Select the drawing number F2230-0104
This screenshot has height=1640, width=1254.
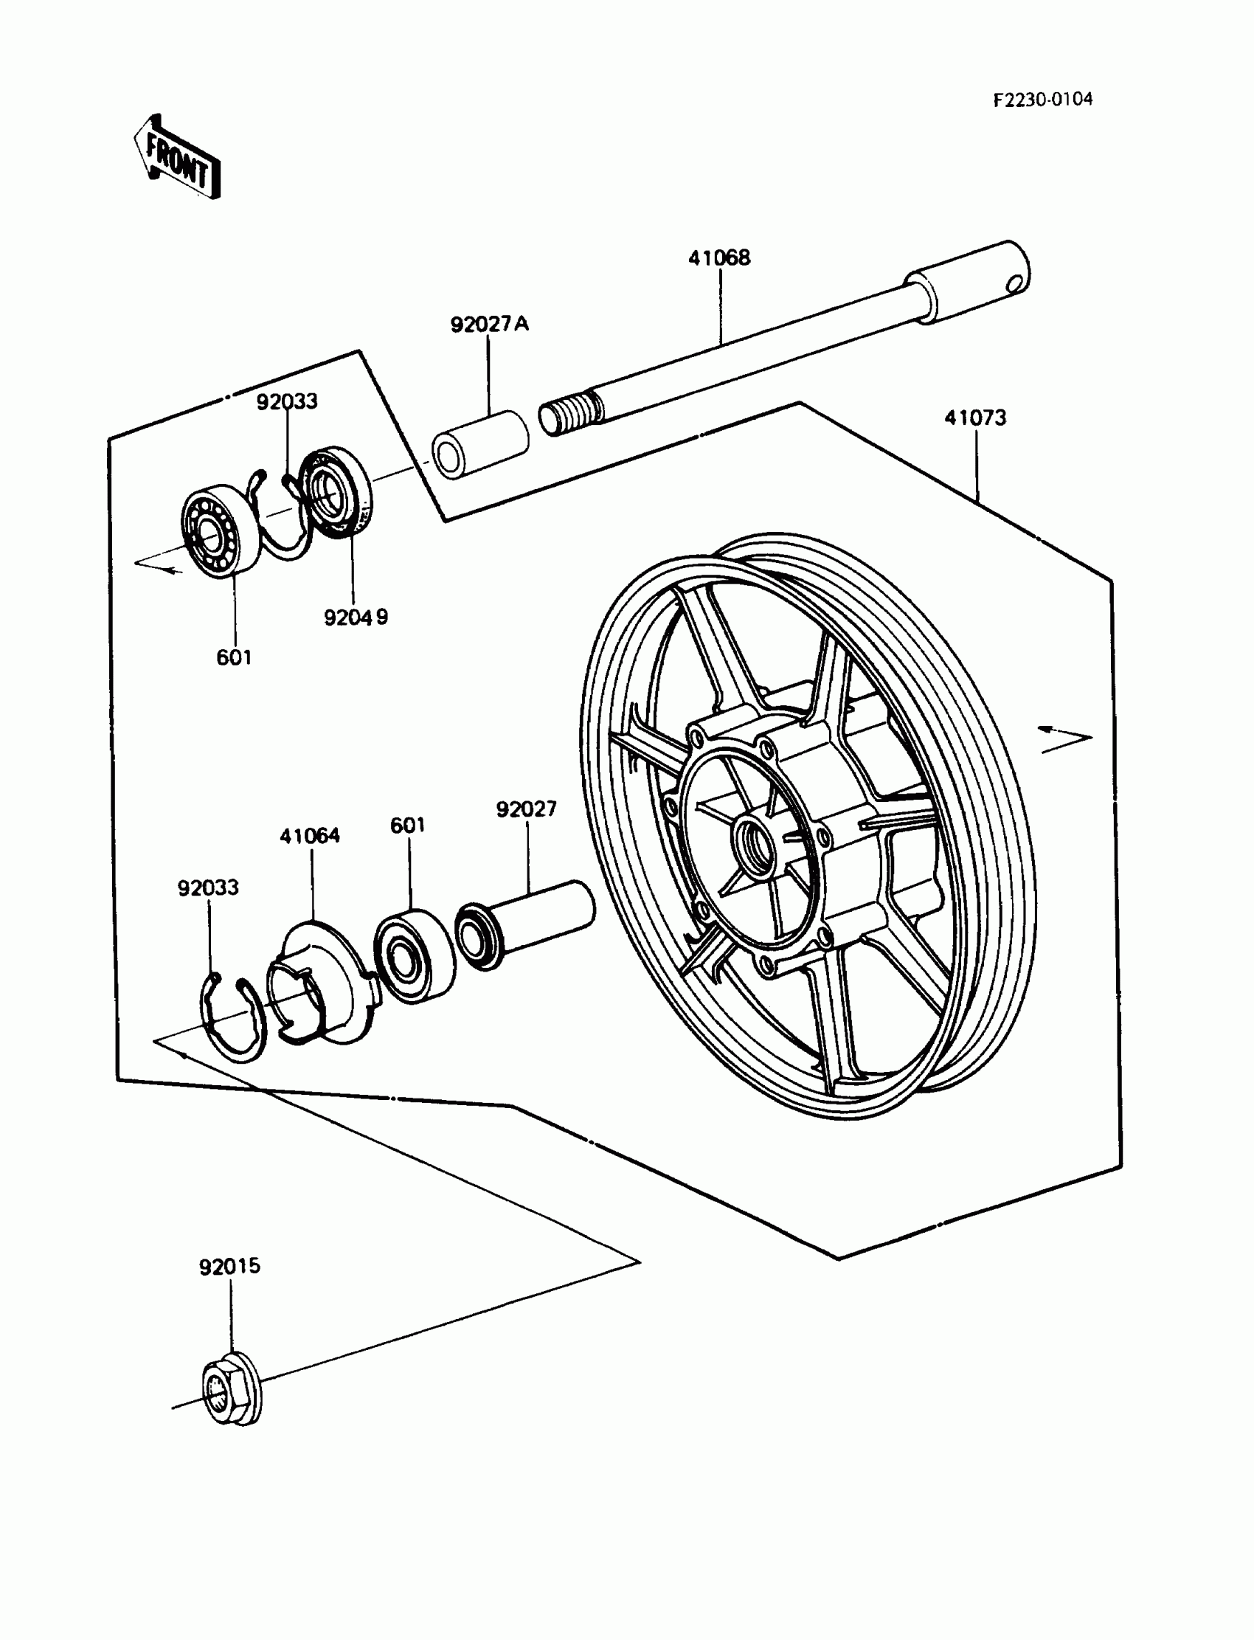click(x=1042, y=100)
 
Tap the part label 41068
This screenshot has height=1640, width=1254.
click(x=718, y=258)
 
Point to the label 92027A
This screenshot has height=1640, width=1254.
click(x=489, y=324)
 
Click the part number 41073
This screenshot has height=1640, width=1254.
click(x=975, y=418)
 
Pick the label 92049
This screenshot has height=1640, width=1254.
click(x=356, y=617)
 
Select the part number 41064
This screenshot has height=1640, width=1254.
click(x=310, y=836)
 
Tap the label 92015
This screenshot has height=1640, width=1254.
click(x=229, y=1267)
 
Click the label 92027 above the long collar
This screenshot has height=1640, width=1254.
click(x=526, y=809)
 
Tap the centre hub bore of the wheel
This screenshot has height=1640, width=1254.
click(x=753, y=840)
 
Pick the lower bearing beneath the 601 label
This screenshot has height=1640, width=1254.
click(x=415, y=956)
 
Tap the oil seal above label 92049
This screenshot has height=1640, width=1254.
click(x=335, y=491)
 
